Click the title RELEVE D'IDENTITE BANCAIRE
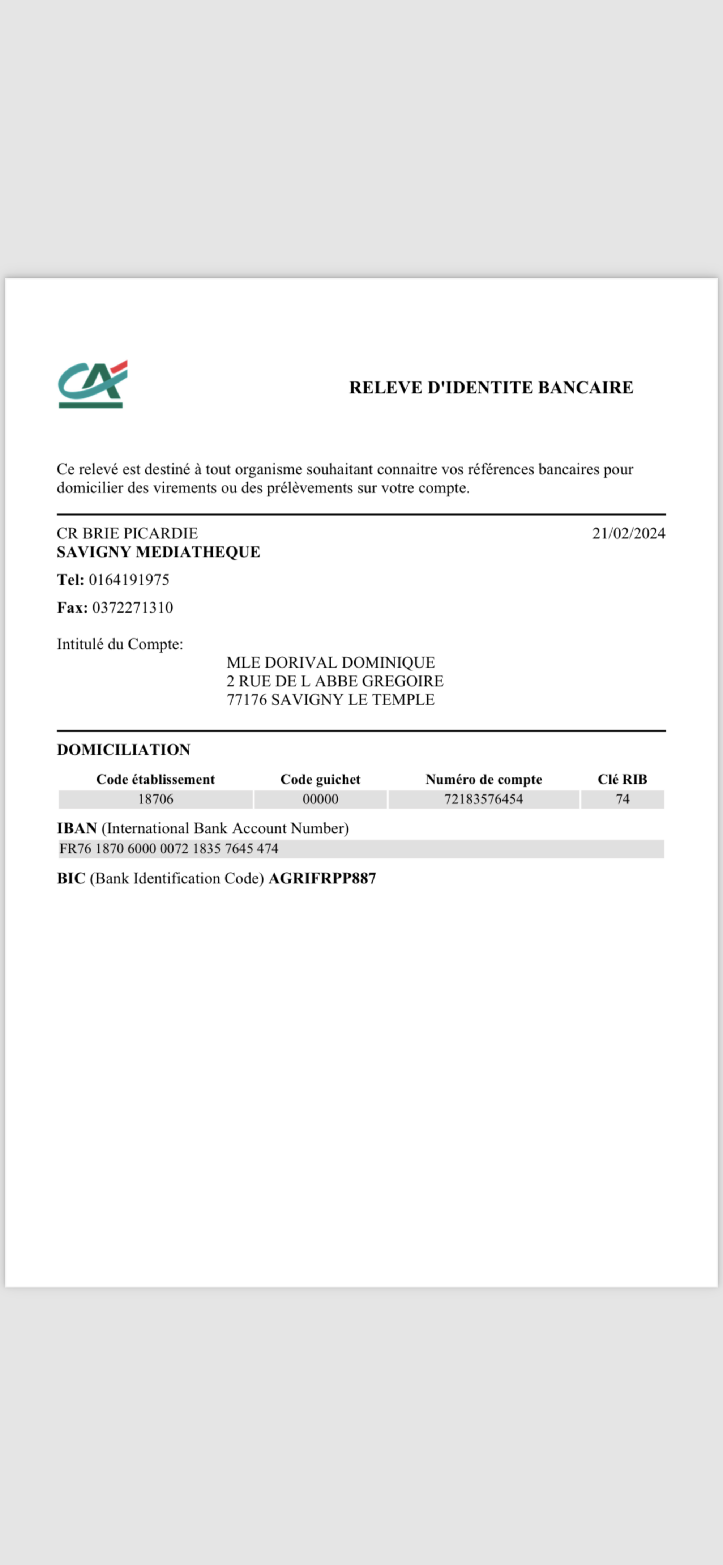pyautogui.click(x=491, y=388)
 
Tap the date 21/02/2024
pyautogui.click(x=628, y=533)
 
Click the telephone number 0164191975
pyautogui.click(x=129, y=580)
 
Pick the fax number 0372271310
pyautogui.click(x=132, y=607)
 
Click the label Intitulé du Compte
pyautogui.click(x=120, y=644)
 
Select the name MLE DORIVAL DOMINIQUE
pyautogui.click(x=330, y=662)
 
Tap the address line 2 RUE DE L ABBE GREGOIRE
pyautogui.click(x=335, y=681)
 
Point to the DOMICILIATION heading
pyautogui.click(x=123, y=750)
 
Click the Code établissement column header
pyautogui.click(x=155, y=780)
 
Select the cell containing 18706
pyautogui.click(x=155, y=799)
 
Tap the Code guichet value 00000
pyautogui.click(x=320, y=799)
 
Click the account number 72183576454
pyautogui.click(x=484, y=799)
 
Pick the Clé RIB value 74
pyautogui.click(x=622, y=799)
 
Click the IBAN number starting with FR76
pyautogui.click(x=169, y=849)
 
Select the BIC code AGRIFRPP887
pyautogui.click(x=322, y=878)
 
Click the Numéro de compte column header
pyautogui.click(x=484, y=780)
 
